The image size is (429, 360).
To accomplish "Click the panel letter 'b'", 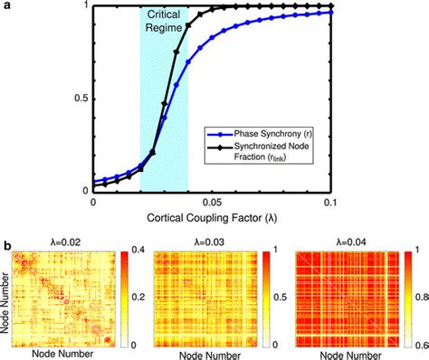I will (7, 244).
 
